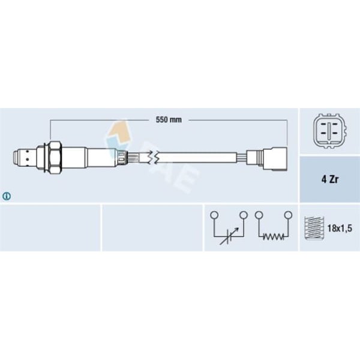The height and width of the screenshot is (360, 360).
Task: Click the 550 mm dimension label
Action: (169, 120)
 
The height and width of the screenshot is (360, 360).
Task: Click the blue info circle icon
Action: (7, 196)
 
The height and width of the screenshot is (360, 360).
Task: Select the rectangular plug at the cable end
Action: (276, 158)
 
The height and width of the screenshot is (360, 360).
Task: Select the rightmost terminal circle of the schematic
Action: (288, 214)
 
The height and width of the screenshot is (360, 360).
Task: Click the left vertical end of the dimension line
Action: (50, 129)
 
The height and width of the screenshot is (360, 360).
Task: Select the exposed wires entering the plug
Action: (248, 158)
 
